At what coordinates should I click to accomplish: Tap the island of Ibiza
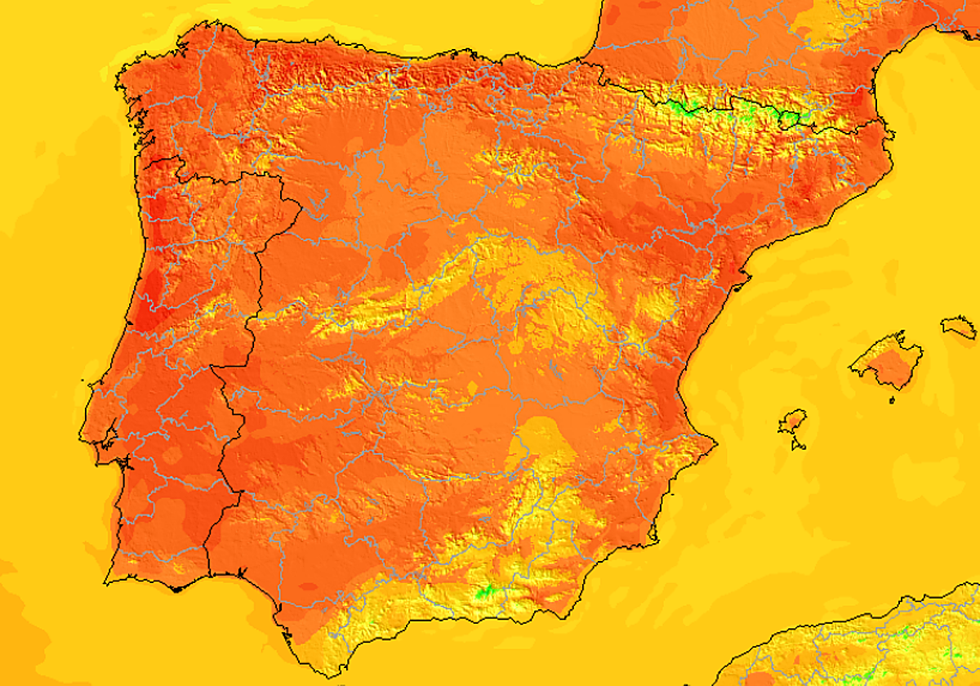791,422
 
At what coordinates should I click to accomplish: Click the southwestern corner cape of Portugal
107,581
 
